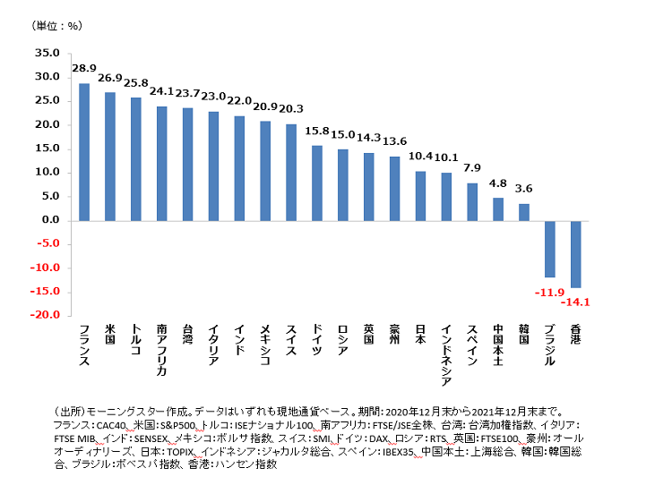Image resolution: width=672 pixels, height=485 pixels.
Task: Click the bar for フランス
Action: (84, 151)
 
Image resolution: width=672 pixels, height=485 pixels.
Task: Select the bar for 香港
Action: (575, 253)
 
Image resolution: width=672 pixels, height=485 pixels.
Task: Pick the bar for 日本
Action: (420, 195)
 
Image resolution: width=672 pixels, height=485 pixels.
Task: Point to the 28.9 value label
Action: (84, 69)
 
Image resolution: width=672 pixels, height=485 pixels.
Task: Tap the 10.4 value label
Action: (420, 157)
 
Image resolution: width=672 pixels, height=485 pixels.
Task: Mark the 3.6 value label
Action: (524, 189)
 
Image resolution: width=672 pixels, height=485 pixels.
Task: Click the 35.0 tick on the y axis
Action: (47, 53)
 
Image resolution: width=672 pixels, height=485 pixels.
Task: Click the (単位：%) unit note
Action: (56, 25)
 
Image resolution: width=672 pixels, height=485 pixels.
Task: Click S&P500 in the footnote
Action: (167, 423)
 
